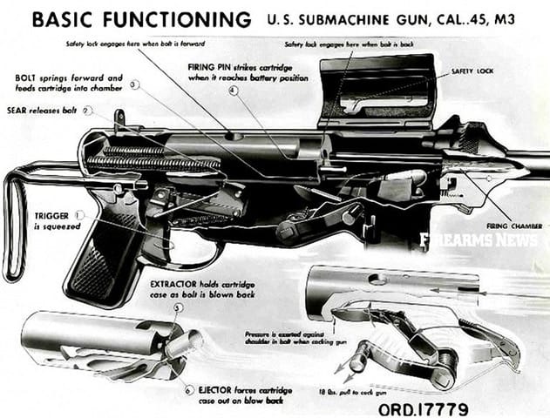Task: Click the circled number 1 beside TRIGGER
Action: [x=78, y=213]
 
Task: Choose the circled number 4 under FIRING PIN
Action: [x=233, y=90]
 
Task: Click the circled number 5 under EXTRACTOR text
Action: [x=178, y=307]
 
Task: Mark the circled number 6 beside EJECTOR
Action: [x=187, y=389]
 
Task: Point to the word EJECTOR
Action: [x=215, y=389]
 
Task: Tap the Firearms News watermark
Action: [x=479, y=239]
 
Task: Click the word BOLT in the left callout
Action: [x=24, y=77]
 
